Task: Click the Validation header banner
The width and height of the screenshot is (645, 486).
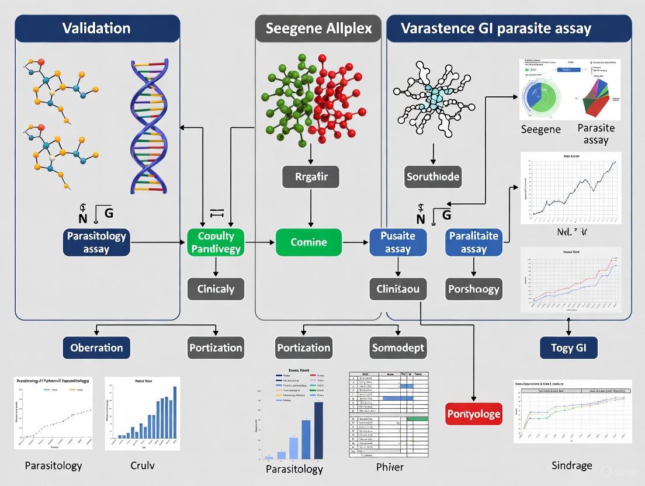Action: click(97, 29)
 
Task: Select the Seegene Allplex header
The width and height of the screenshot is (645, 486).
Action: click(319, 29)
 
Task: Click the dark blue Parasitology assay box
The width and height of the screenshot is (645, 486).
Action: click(96, 242)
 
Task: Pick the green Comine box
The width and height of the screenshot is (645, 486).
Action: click(308, 242)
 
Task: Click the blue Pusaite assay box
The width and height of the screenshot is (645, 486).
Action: click(398, 242)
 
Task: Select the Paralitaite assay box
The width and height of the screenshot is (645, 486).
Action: click(474, 242)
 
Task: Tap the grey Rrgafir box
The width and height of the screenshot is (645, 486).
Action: click(310, 176)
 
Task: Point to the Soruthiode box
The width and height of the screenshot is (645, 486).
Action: click(433, 176)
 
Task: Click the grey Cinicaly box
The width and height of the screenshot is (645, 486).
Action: click(216, 289)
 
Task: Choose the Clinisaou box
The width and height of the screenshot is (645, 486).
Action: click(398, 289)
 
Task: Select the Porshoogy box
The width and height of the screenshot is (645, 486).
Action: click(474, 289)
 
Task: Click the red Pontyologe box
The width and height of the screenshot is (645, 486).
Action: click(474, 414)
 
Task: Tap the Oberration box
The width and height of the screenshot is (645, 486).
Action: click(96, 348)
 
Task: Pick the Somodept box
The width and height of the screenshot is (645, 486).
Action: click(398, 348)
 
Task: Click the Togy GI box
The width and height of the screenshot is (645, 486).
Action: click(568, 348)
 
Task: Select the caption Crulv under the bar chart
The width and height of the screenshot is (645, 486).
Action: click(142, 466)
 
